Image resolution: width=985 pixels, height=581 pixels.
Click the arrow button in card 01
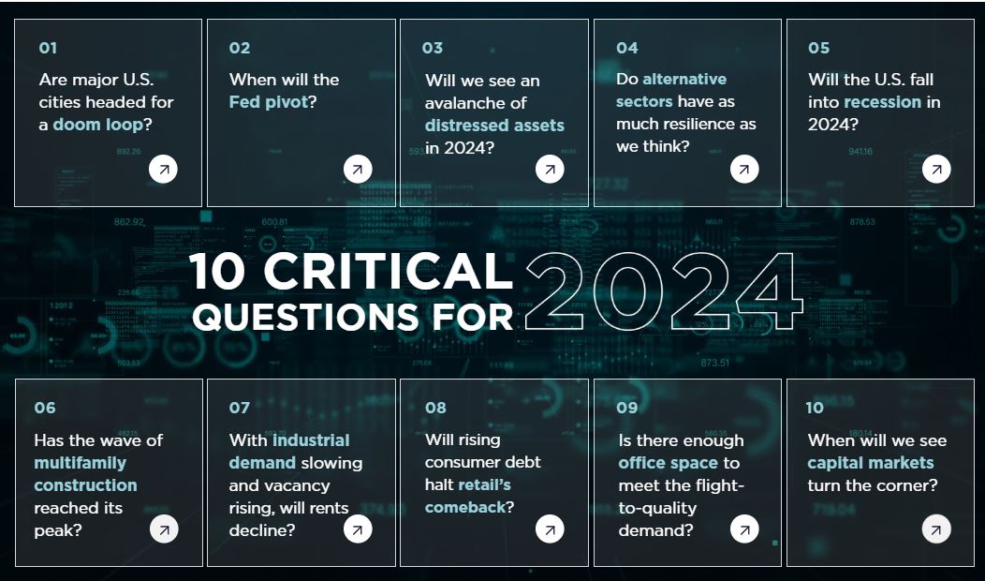[x=163, y=169]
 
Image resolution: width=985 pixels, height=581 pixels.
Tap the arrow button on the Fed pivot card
[x=358, y=169]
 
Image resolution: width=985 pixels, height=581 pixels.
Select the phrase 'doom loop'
[x=98, y=125]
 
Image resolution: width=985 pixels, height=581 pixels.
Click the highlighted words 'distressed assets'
[x=494, y=126]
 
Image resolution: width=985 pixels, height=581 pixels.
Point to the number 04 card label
[x=627, y=48]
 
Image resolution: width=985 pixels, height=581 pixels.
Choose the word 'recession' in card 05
[x=883, y=102]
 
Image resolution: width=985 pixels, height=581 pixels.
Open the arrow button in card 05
[x=936, y=169]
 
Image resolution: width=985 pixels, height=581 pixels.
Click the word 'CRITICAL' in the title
[x=388, y=271]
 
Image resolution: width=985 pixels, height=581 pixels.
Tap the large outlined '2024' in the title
[x=663, y=291]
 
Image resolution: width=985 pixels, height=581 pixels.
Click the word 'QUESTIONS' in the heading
[x=308, y=317]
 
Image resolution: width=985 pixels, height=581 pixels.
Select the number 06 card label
[x=45, y=408]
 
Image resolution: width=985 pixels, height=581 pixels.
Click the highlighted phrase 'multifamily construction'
[x=85, y=474]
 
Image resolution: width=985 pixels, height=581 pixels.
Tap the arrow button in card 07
[x=358, y=529]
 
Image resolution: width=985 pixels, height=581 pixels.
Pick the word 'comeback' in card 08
[x=465, y=507]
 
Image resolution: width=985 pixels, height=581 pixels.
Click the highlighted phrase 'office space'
[x=668, y=464]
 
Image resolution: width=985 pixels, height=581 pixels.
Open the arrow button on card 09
[x=744, y=529]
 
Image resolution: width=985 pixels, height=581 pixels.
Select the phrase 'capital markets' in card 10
[x=871, y=464]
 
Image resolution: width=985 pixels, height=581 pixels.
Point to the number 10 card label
[x=815, y=408]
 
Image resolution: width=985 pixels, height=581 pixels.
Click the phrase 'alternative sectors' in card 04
[x=671, y=91]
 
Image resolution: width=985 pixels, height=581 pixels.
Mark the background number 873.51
[x=715, y=363]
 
